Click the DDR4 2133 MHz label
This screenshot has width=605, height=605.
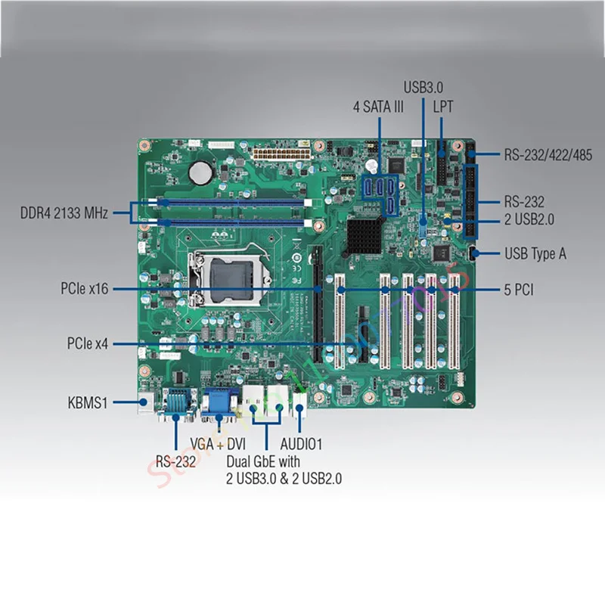[x=65, y=213]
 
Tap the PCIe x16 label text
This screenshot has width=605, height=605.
[x=85, y=288]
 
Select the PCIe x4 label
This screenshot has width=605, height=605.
[x=87, y=344]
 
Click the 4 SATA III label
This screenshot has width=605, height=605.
[x=378, y=107]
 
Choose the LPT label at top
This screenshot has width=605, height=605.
[x=443, y=107]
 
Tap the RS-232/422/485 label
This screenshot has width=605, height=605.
[x=548, y=155]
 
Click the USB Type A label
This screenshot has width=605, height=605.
[x=535, y=253]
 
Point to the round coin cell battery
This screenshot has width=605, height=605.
[x=200, y=170]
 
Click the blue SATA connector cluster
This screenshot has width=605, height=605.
[x=380, y=194]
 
